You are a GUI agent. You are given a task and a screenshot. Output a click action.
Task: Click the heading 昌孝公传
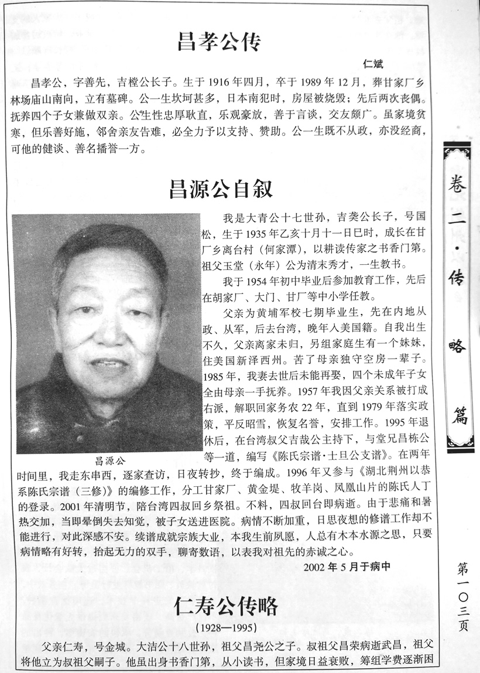tap(219, 42)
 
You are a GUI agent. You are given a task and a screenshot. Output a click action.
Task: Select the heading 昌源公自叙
tap(221, 189)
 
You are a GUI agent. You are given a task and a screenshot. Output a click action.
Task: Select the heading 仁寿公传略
tap(225, 607)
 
